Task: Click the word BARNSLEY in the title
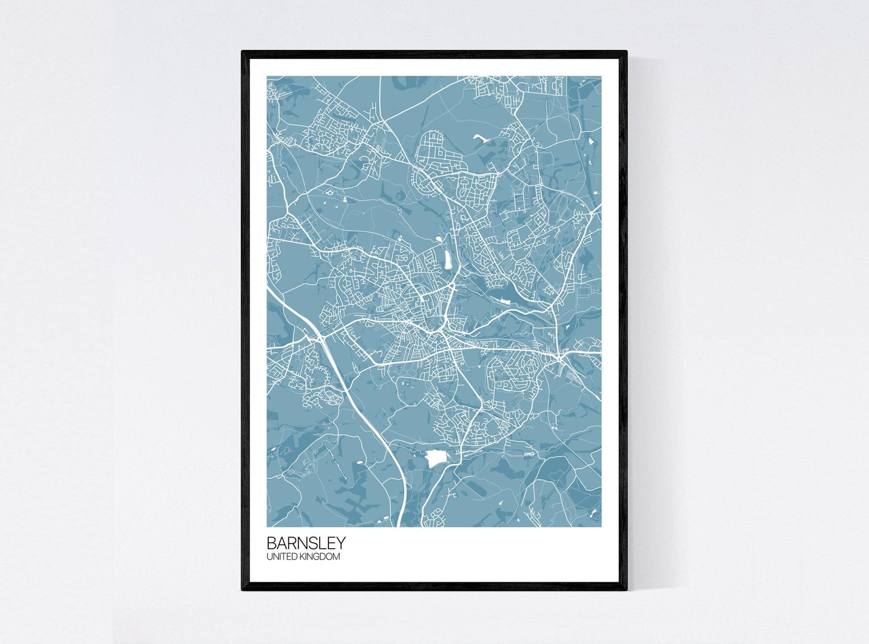tap(306, 543)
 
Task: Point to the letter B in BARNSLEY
tap(271, 543)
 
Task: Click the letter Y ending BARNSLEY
tap(341, 543)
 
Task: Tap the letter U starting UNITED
tap(269, 557)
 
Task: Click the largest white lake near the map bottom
tap(436, 458)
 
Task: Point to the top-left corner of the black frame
tap(242, 51)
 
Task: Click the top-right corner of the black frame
tap(626, 51)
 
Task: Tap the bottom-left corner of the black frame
tap(242, 590)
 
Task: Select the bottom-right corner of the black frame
tap(626, 590)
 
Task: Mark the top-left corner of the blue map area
tap(268, 77)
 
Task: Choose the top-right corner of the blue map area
tap(601, 77)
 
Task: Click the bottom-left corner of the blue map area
tap(268, 526)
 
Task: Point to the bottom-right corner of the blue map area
tap(601, 526)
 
